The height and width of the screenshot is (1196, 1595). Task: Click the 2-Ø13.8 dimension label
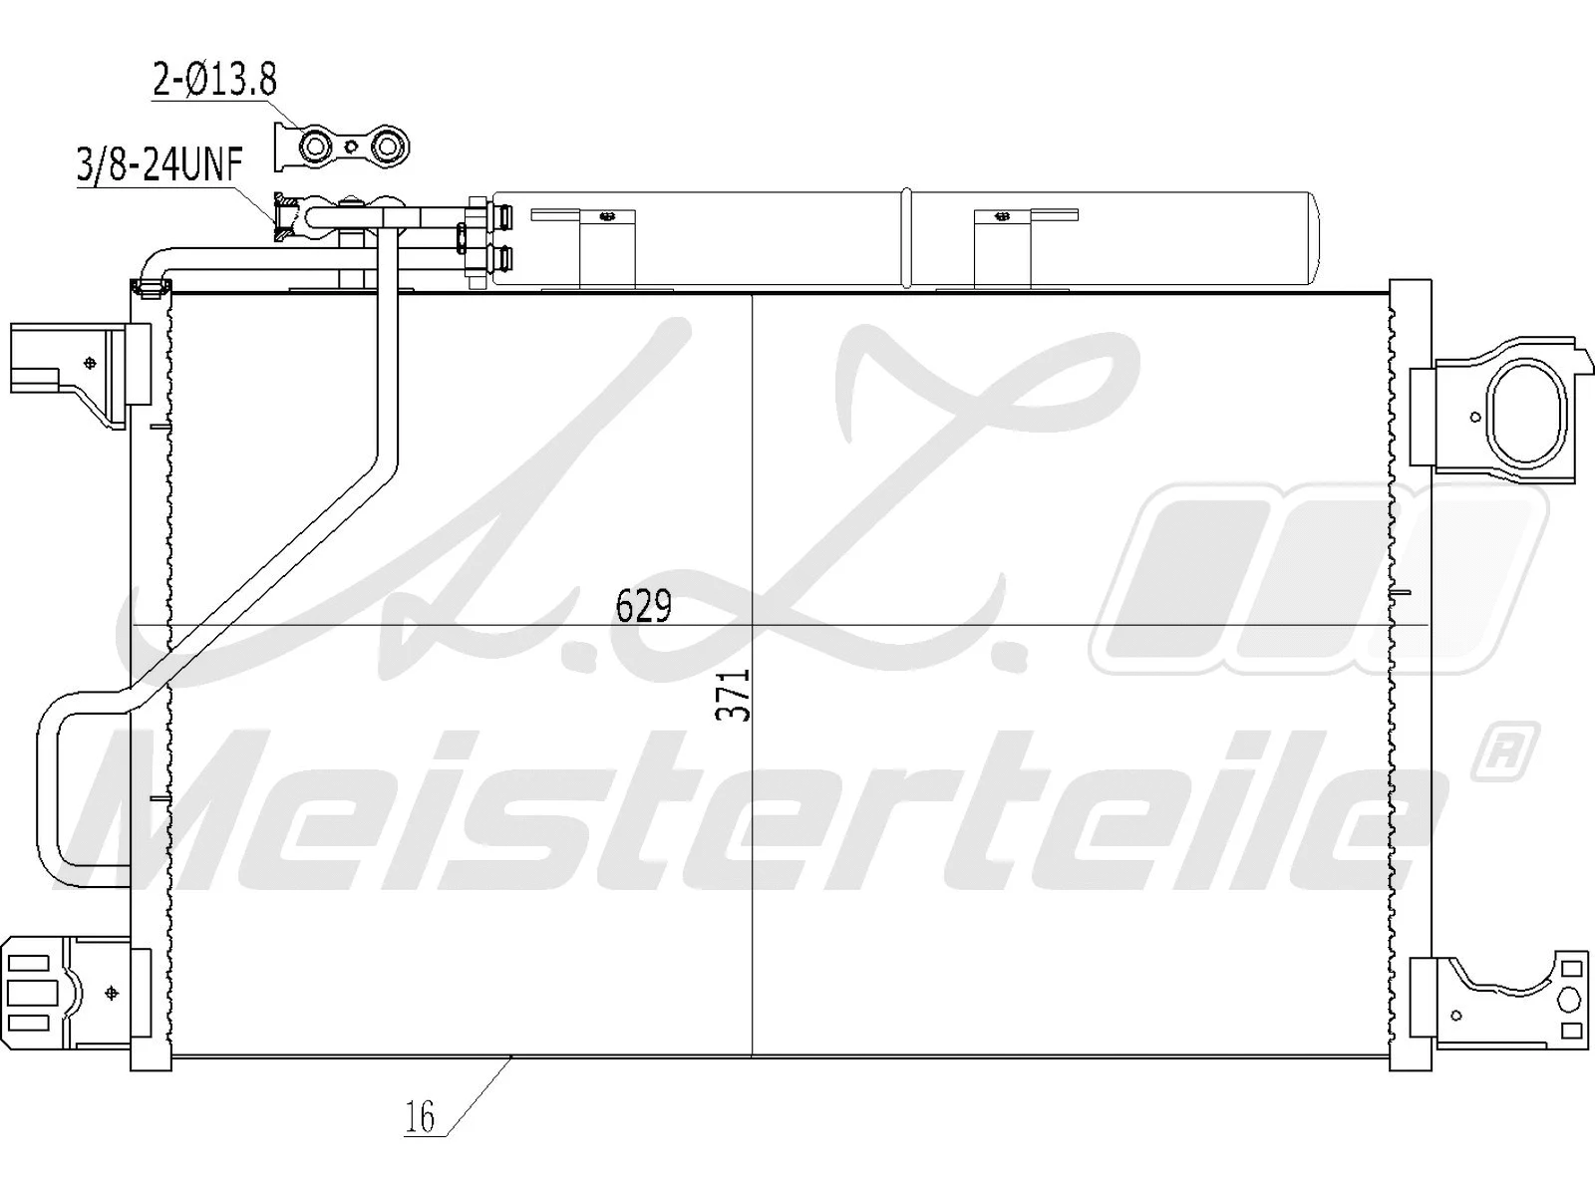(x=213, y=79)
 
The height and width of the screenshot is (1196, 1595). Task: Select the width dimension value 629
(x=644, y=606)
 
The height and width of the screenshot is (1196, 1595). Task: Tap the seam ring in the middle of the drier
(x=906, y=238)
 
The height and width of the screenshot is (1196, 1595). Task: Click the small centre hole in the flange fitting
(x=350, y=149)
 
